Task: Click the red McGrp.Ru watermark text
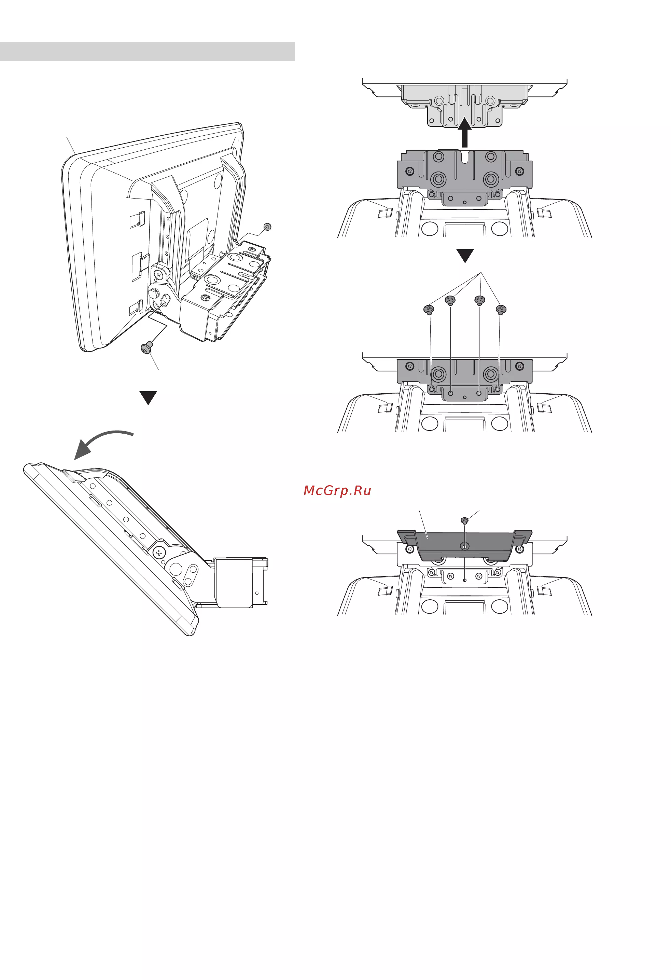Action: click(337, 490)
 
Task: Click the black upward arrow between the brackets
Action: click(464, 133)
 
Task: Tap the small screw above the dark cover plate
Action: click(465, 521)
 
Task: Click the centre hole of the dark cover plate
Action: click(464, 546)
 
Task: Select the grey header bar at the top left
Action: click(148, 52)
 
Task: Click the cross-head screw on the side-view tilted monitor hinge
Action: click(159, 553)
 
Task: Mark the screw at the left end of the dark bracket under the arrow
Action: click(409, 171)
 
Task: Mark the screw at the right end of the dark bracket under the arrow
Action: click(520, 171)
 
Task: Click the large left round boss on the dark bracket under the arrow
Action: click(438, 179)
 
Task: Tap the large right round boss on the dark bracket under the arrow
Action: click(491, 179)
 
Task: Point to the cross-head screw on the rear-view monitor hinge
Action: click(158, 275)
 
